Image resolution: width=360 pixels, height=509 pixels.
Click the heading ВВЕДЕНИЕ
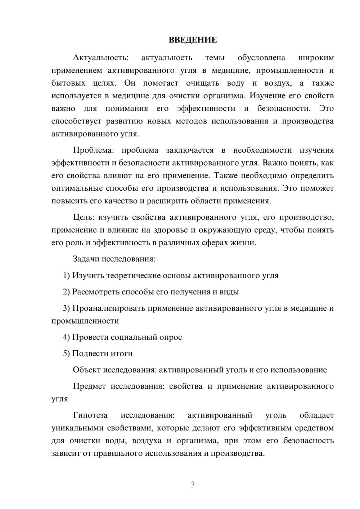pyautogui.click(x=193, y=40)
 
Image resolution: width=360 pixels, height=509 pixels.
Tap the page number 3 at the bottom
pyautogui.click(x=193, y=485)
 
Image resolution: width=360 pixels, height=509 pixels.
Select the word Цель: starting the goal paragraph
pyautogui.click(x=84, y=217)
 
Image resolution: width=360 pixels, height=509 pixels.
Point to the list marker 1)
pyautogui.click(x=66, y=275)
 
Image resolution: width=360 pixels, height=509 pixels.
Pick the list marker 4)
pyautogui.click(x=66, y=337)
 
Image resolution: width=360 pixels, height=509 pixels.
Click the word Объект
pyautogui.click(x=87, y=370)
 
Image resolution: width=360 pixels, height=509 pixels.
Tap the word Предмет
pyautogui.click(x=89, y=386)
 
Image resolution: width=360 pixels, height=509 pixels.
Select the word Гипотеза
pyautogui.click(x=90, y=415)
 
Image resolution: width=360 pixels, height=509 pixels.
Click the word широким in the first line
pyautogui.click(x=316, y=58)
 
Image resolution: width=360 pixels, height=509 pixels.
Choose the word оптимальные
pyautogui.click(x=77, y=188)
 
